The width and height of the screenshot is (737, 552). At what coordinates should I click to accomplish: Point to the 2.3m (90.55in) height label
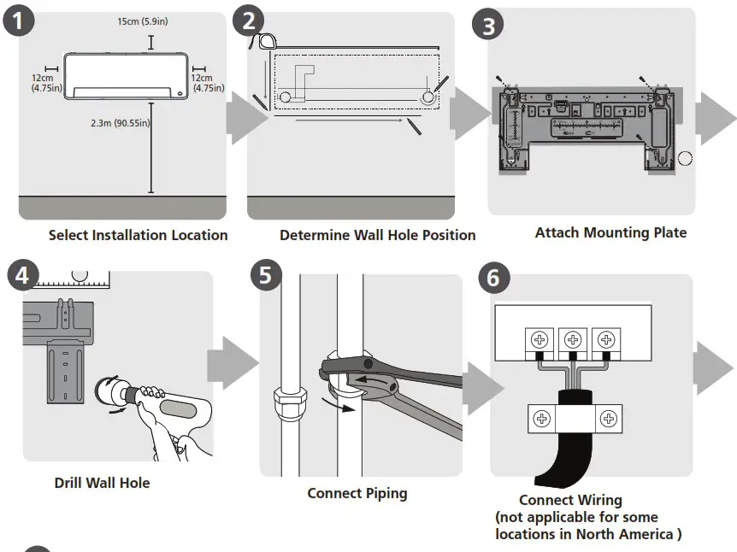121,123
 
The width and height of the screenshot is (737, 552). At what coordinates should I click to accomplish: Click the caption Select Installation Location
138,235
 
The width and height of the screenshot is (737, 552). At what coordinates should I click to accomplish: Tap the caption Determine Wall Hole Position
377,235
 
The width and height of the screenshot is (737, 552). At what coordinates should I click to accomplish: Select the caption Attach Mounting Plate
610,232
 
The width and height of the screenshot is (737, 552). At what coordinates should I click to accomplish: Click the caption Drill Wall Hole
102,483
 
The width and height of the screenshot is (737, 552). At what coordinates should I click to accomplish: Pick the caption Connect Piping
357,493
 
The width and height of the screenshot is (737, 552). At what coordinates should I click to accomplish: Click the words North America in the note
634,534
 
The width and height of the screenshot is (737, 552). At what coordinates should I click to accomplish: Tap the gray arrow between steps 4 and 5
237,363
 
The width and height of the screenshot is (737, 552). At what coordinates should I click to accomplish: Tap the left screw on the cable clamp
541,419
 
